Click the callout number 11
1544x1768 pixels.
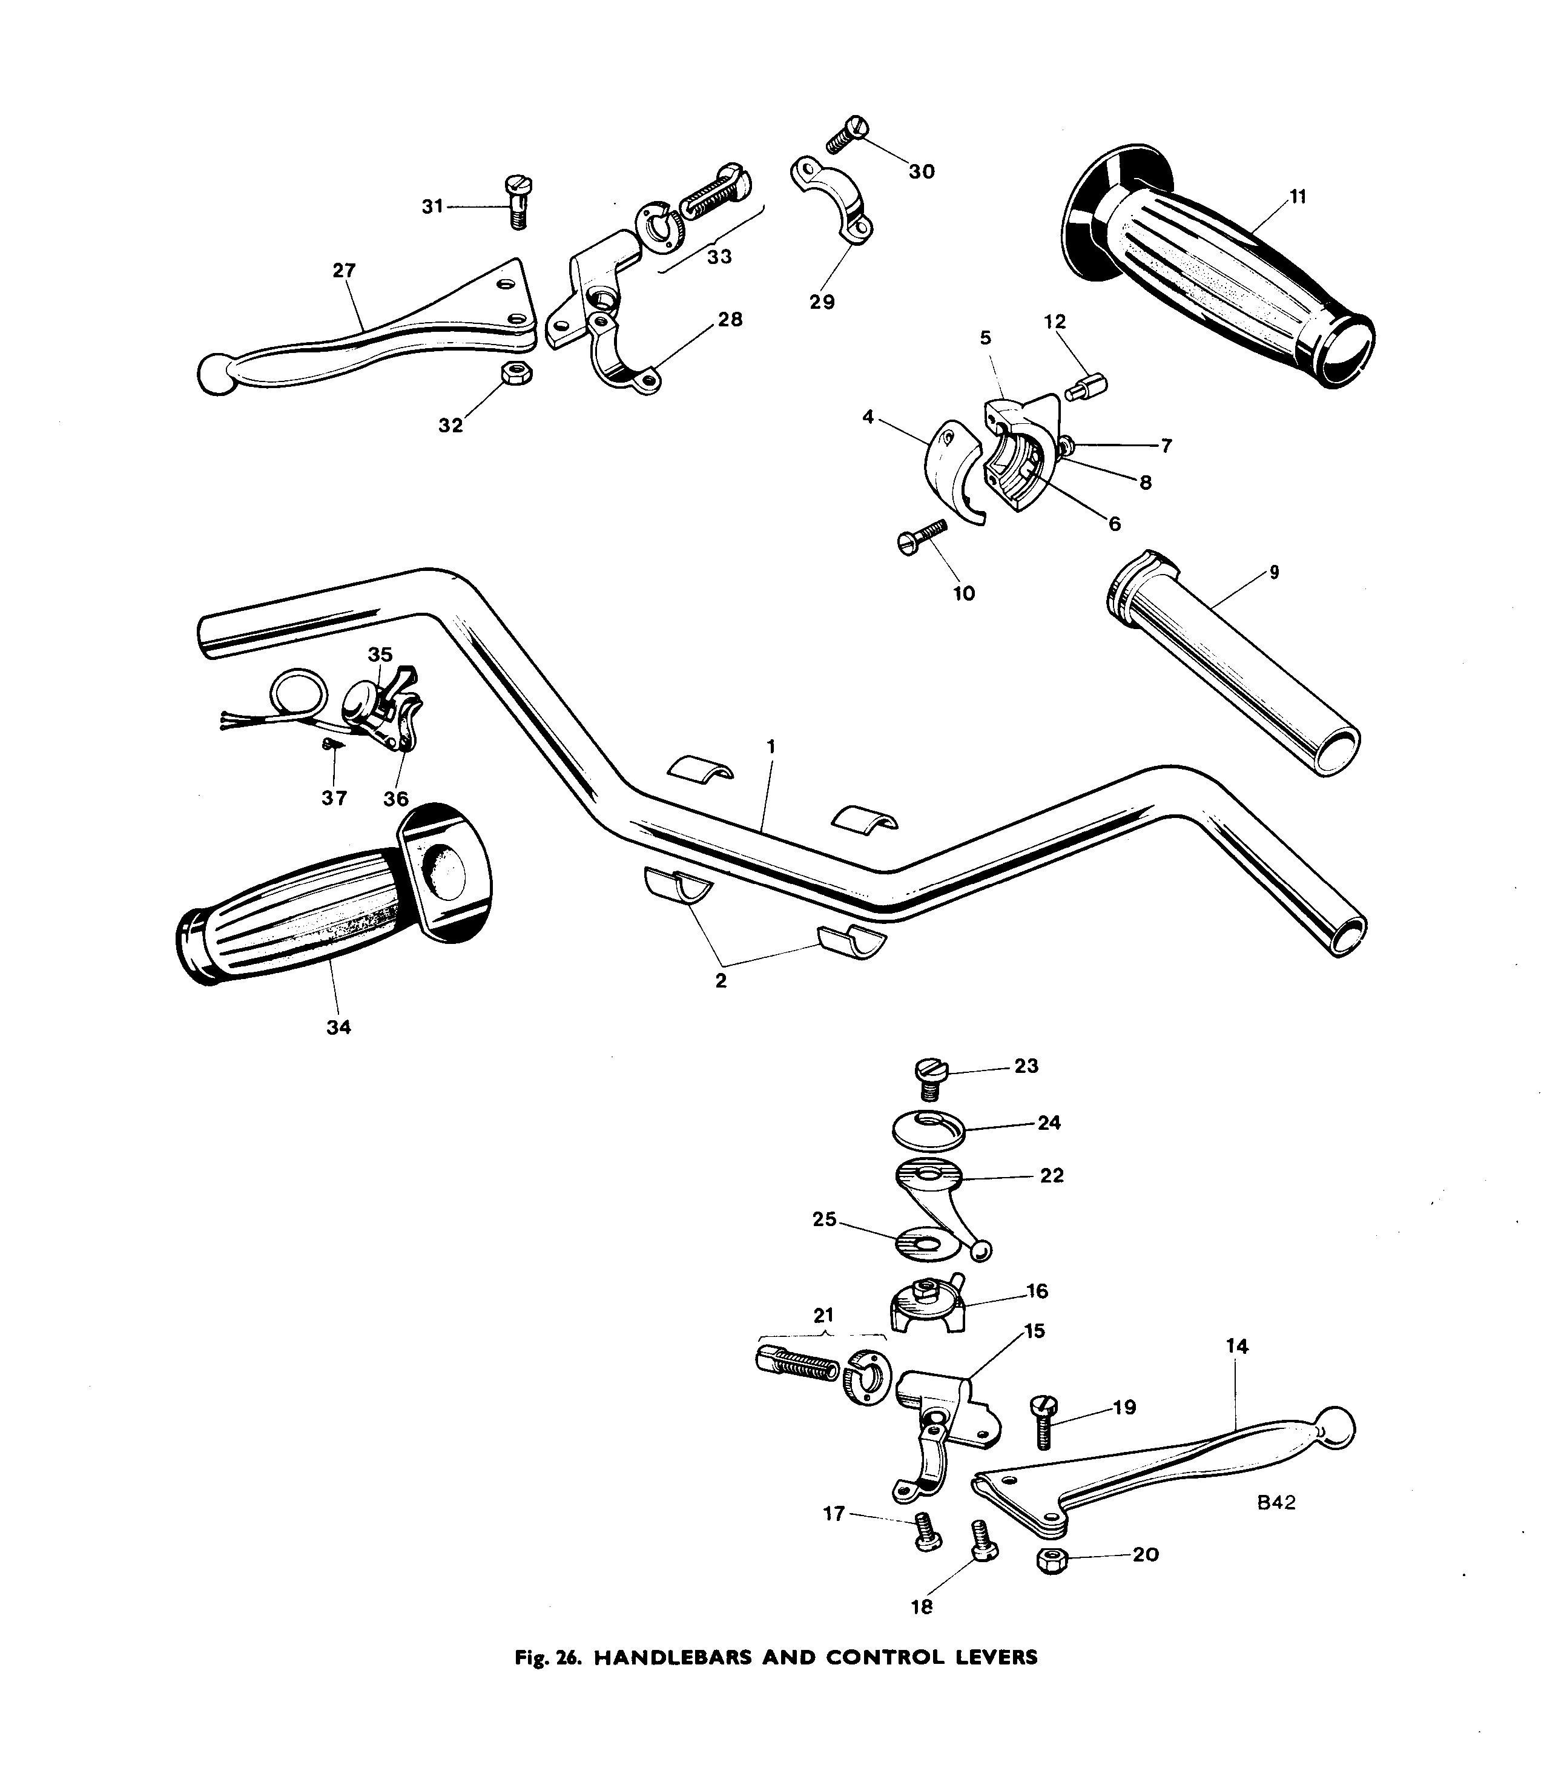pos(1298,196)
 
